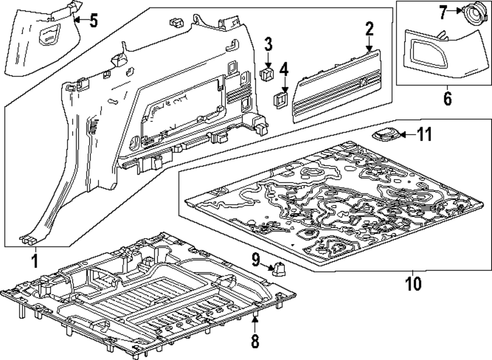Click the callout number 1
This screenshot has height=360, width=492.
(x=34, y=259)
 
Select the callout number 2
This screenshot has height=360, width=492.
(x=369, y=30)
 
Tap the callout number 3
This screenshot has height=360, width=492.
(x=268, y=44)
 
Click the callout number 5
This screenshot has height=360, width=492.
(x=93, y=21)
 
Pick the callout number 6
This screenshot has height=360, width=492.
(x=447, y=98)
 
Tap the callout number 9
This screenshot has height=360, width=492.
(x=256, y=258)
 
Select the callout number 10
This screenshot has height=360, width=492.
(x=413, y=283)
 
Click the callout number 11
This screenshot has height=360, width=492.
(x=424, y=134)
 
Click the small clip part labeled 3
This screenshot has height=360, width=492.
(x=268, y=74)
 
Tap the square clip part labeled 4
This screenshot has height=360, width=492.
(x=281, y=100)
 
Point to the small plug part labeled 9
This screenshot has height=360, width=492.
(x=279, y=269)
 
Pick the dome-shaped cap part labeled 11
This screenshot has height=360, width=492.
(x=385, y=134)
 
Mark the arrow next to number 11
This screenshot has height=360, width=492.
(x=406, y=134)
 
